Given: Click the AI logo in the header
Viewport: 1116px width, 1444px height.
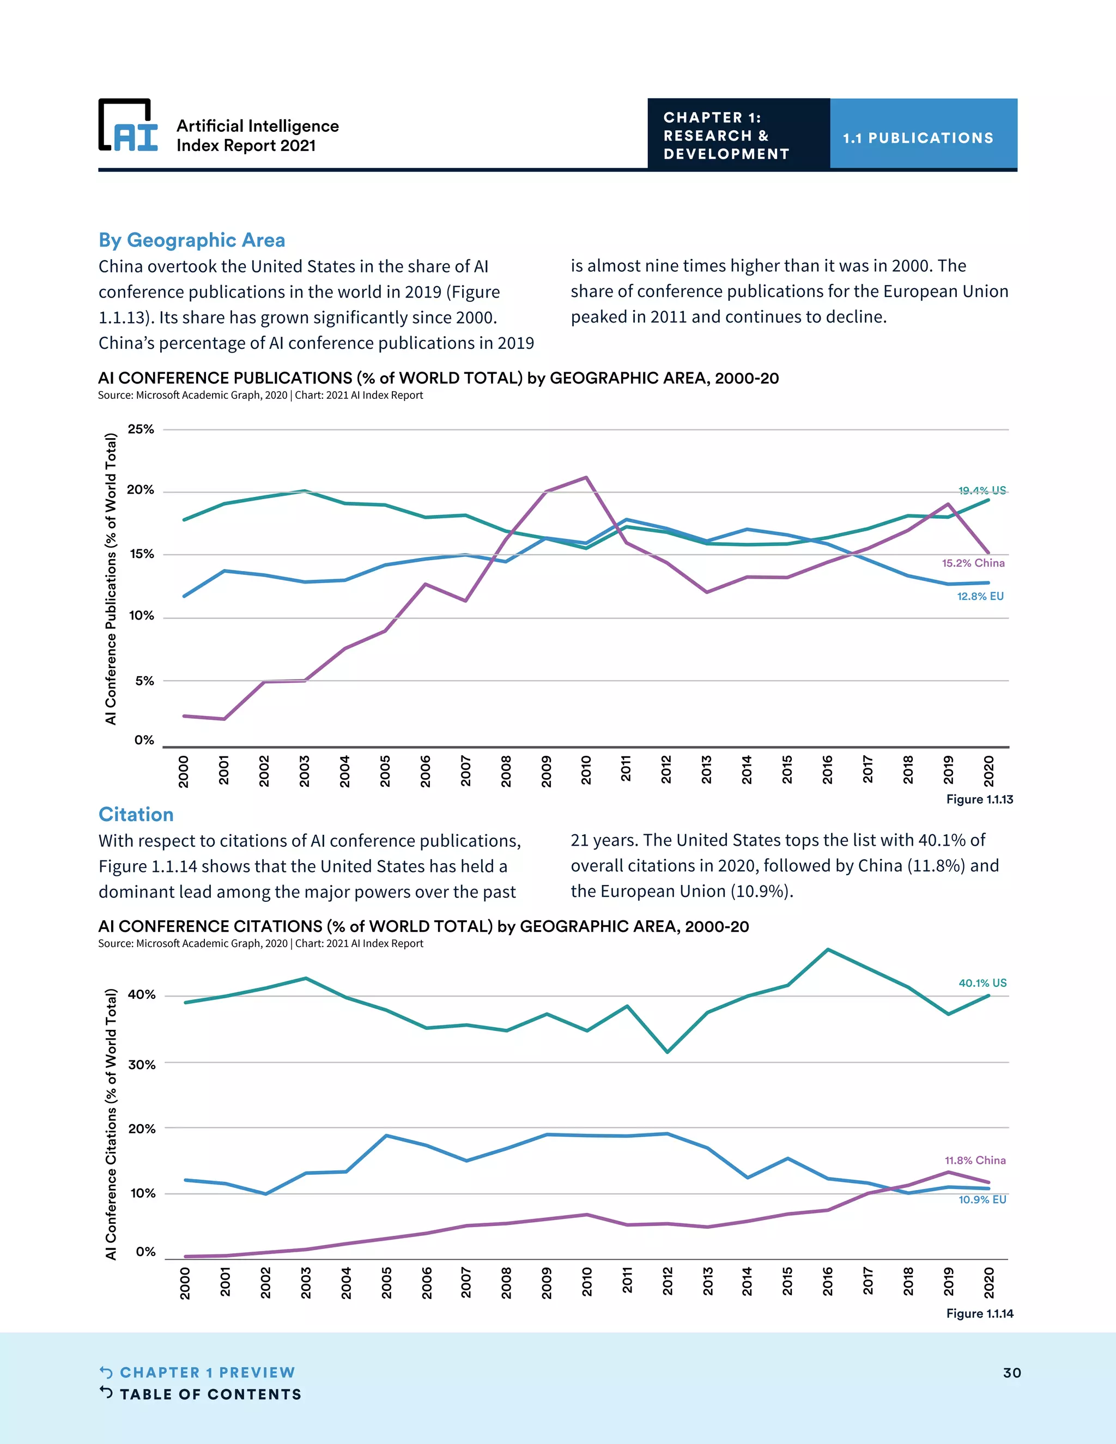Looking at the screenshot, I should (128, 126).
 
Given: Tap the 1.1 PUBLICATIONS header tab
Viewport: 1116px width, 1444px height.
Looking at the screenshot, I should (918, 137).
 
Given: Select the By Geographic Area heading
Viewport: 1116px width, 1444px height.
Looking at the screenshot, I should (192, 240).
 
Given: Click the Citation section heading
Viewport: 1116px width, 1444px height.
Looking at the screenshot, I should (136, 814).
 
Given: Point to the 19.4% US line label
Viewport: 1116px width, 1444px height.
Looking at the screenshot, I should (982, 490).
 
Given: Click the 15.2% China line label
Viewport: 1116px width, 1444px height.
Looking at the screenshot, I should (973, 563).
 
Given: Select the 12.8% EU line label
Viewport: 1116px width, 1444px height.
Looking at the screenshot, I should (980, 596).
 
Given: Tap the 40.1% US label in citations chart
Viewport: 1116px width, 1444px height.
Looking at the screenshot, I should (982, 982).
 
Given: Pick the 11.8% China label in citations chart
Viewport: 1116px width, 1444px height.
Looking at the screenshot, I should (974, 1160).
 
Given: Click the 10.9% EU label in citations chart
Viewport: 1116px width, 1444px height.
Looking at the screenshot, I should (982, 1199).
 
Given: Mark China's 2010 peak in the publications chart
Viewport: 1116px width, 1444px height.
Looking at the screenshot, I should (586, 477).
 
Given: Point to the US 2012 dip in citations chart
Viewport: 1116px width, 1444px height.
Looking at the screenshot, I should (667, 1051).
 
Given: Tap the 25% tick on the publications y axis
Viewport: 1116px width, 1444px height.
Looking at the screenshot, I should (141, 429).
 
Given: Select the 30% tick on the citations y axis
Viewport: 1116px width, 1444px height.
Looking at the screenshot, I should (142, 1064).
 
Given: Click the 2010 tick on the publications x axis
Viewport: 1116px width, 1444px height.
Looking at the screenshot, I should (586, 770).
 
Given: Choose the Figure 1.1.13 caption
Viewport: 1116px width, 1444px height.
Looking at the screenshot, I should (979, 799).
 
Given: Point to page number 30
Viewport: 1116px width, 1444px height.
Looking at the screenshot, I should (1011, 1372).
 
